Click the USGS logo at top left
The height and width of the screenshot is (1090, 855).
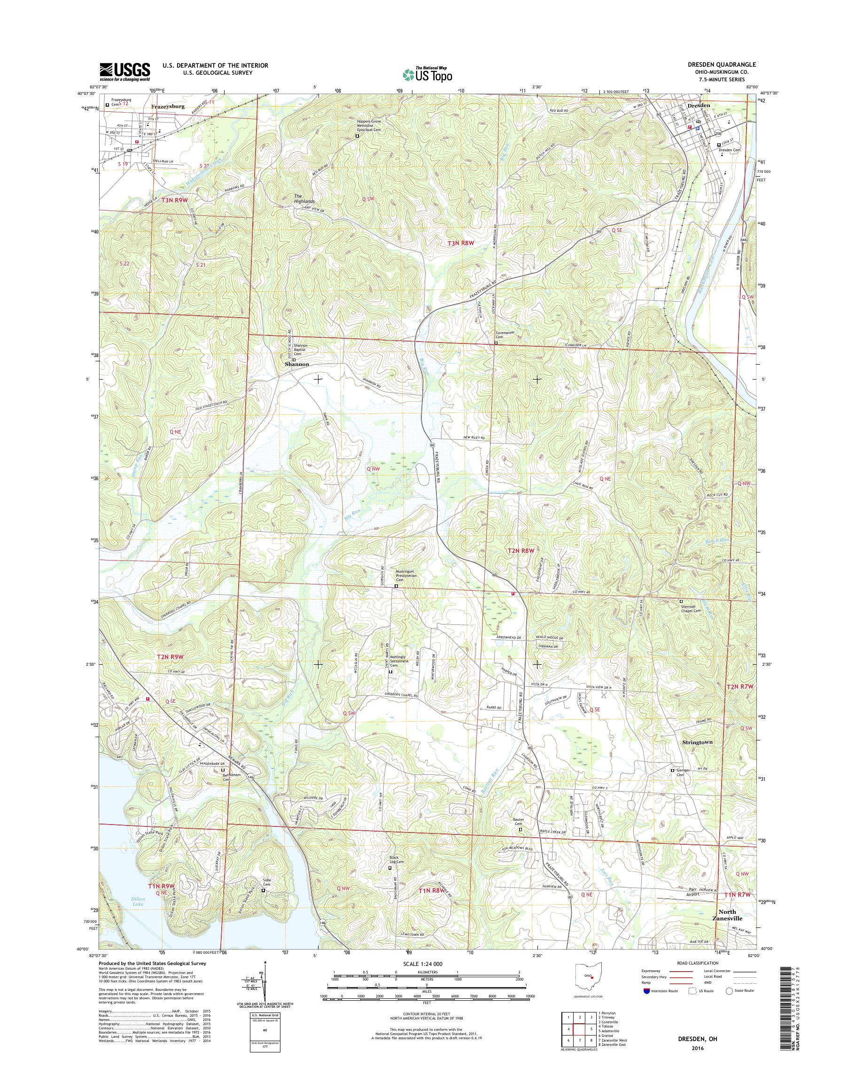point(124,71)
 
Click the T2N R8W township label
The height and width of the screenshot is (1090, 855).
point(522,551)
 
